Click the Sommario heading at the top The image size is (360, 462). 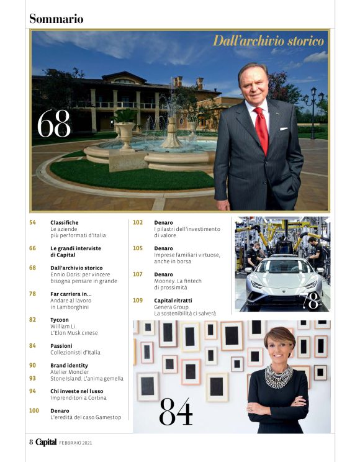point(56,19)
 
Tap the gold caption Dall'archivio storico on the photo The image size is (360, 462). point(268,42)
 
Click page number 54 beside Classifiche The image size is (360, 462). point(33,222)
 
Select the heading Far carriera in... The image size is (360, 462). point(71,293)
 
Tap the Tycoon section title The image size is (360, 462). point(60,319)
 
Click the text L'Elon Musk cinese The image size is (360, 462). point(74,332)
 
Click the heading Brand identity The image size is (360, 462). point(70,365)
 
